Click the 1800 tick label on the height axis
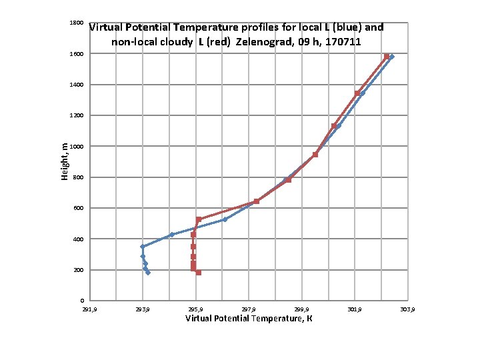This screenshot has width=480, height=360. pos(76,23)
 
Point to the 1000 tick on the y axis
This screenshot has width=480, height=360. pos(76,147)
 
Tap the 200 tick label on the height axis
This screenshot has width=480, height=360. pos(77,270)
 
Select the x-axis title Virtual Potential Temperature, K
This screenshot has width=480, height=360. pos(249,319)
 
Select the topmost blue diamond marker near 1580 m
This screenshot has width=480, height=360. pos(391,57)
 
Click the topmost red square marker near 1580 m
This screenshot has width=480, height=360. pos(387,57)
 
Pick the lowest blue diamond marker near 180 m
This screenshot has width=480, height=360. pos(148,273)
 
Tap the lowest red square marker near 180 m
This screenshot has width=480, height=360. pos(199,273)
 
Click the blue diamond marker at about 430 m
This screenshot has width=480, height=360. pos(172,235)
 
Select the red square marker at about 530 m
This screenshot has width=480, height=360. pos(199,219)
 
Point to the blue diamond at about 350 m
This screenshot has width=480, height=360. pos(143,247)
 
